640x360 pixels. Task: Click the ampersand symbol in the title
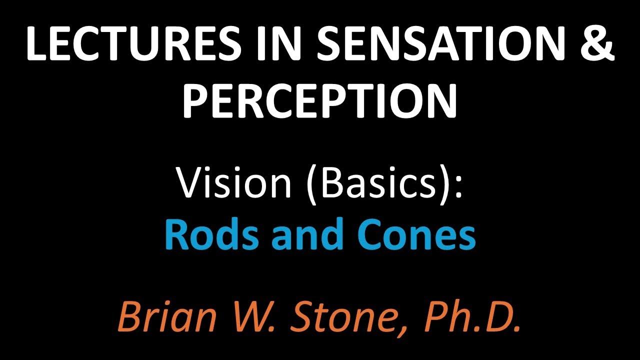pyautogui.click(x=594, y=41)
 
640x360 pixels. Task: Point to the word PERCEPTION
pyautogui.click(x=319, y=98)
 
